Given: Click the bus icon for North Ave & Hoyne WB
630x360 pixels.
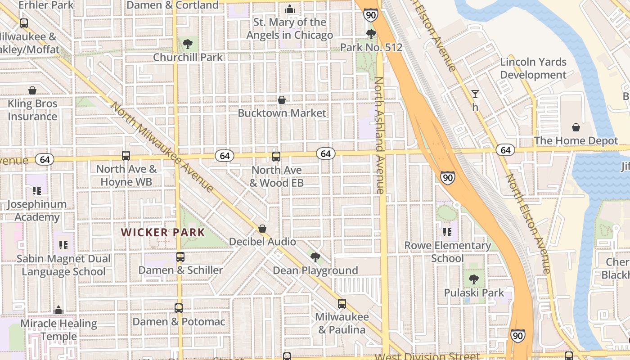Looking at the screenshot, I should pos(126,156).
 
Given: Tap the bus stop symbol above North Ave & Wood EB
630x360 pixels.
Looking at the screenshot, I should pos(276,157).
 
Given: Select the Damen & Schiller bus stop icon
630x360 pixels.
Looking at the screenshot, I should pos(180,257).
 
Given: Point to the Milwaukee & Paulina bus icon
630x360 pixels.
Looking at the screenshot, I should pos(342,304).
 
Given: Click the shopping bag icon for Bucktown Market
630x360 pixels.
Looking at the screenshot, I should pos(282,99).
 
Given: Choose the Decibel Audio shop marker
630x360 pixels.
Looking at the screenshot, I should pos(262,229).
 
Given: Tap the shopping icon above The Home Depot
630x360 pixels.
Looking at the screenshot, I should pos(576,128).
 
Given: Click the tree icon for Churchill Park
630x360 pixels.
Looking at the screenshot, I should pos(188,44).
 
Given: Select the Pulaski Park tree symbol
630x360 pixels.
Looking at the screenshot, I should pos(474,279).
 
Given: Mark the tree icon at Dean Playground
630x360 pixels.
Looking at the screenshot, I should pos(315,257).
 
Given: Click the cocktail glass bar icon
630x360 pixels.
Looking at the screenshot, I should pos(475,94).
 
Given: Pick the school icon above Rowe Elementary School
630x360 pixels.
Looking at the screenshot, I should pos(447,232).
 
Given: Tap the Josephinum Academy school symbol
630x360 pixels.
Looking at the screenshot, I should pos(37,191).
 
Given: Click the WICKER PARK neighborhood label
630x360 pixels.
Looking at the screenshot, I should pos(163,233).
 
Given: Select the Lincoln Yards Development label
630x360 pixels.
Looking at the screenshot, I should pos(533,68).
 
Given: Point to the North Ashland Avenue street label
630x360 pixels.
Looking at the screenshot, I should pos(379,135).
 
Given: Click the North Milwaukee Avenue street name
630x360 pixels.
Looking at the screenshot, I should pos(162,147).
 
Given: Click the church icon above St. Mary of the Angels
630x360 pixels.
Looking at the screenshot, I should pos(290,9).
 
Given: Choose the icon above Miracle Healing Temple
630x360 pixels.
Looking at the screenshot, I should pos(58,310).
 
